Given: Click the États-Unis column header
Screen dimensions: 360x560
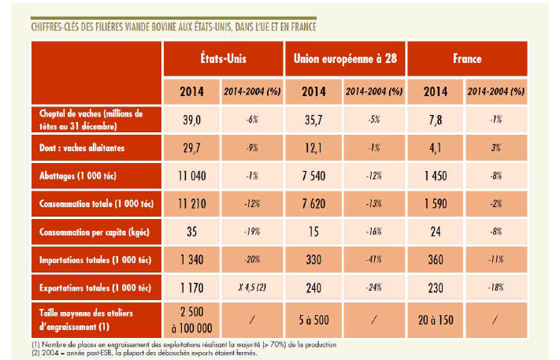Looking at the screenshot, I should [x=223, y=59].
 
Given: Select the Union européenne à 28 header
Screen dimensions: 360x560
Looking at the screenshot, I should [x=343, y=59].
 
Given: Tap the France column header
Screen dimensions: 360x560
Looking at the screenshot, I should [x=467, y=59].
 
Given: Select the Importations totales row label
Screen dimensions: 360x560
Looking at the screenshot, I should [x=88, y=261].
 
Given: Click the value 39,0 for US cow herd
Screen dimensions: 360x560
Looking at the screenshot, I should [x=192, y=120].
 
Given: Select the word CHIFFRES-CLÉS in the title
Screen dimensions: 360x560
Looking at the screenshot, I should [x=59, y=27].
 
